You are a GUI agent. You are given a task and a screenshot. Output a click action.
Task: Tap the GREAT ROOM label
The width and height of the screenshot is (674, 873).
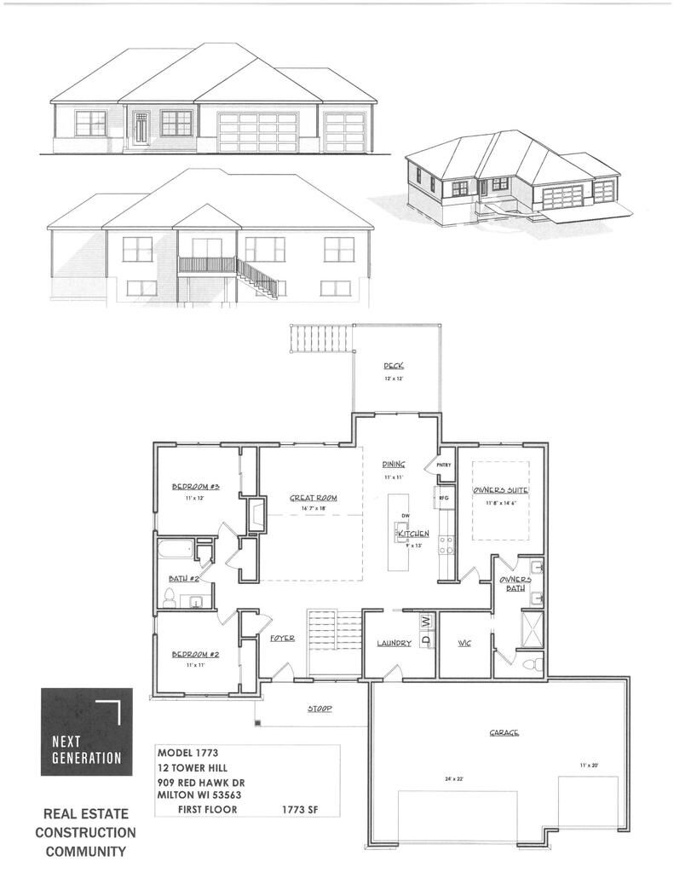[x=314, y=497]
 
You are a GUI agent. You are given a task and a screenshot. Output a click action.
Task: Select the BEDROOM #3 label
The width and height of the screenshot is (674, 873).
[x=196, y=487]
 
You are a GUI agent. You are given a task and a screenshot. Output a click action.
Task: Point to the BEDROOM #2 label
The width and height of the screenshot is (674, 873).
[x=196, y=654]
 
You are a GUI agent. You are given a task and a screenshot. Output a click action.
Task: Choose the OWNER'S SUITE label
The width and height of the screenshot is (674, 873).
[x=502, y=491]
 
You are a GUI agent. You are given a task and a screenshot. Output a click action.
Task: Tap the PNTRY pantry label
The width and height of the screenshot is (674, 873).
[x=443, y=465]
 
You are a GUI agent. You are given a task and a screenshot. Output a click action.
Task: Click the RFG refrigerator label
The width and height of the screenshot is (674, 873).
[x=443, y=497]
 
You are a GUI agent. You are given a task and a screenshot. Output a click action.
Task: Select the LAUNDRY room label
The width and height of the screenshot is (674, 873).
[x=395, y=643]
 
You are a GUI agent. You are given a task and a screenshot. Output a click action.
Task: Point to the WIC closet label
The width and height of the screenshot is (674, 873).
[x=464, y=643]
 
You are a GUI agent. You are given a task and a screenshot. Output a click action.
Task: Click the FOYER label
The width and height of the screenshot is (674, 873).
[x=282, y=638]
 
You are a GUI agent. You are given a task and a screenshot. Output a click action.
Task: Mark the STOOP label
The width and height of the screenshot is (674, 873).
[x=319, y=708]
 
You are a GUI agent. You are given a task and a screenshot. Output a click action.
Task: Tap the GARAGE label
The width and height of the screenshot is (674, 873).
[x=504, y=732]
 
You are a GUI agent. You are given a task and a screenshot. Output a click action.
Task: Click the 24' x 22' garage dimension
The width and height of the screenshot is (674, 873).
[x=456, y=778]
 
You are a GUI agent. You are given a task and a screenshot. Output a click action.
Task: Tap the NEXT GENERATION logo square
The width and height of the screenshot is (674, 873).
[x=87, y=731]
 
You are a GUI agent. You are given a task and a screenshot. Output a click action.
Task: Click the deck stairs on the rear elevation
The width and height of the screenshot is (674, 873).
[x=256, y=278]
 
